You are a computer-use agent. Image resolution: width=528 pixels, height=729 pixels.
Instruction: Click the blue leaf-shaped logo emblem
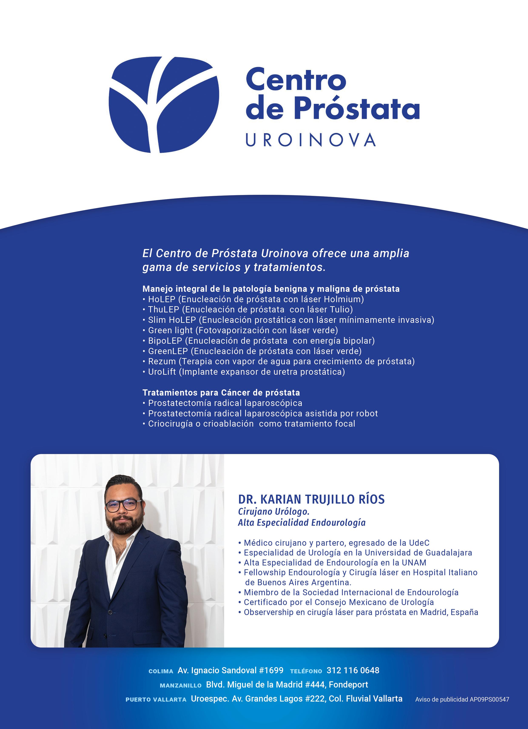(164, 104)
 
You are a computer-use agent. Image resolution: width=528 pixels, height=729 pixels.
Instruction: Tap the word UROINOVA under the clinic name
(310, 140)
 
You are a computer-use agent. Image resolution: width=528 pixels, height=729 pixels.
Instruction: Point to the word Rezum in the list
(162, 361)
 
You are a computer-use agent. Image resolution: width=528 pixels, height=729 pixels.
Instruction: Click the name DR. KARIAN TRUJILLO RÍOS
(311, 499)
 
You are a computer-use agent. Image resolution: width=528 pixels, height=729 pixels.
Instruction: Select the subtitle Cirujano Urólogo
(273, 511)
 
